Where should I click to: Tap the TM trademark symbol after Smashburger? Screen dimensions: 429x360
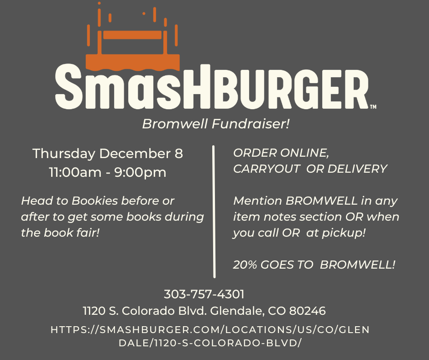pyautogui.click(x=373, y=106)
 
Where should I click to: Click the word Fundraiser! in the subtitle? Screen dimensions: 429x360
pyautogui.click(x=251, y=124)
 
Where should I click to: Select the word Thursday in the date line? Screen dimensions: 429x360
pyautogui.click(x=64, y=154)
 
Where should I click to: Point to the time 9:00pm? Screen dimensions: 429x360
pyautogui.click(x=140, y=173)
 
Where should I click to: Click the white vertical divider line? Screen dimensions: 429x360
pyautogui.click(x=214, y=212)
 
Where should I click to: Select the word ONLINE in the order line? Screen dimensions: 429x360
pyautogui.click(x=304, y=153)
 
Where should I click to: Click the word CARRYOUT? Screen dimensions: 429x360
pyautogui.click(x=267, y=169)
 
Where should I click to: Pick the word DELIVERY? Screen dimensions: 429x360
pyautogui.click(x=357, y=169)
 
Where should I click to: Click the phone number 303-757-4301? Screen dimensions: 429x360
pyautogui.click(x=204, y=294)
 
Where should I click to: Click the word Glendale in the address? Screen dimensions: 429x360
pyautogui.click(x=237, y=311)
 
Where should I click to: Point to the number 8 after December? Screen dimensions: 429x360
pyautogui.click(x=178, y=153)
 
